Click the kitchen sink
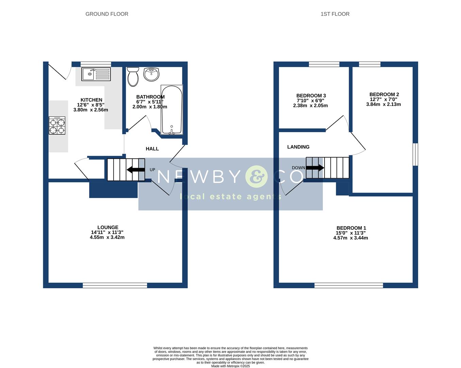[96, 74]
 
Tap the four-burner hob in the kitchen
[57, 125]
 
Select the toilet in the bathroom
[132, 76]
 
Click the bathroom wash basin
[151, 74]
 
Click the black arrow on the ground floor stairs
[135, 170]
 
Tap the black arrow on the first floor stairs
[315, 168]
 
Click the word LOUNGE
[108, 227]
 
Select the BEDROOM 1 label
[351, 228]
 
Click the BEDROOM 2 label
[384, 94]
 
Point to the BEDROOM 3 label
[311, 96]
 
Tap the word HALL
[152, 149]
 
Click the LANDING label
[298, 147]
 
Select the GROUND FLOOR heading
[107, 14]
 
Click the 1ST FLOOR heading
[335, 14]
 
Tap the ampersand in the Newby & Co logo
[257, 177]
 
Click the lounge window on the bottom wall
[115, 286]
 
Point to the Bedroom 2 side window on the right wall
[415, 154]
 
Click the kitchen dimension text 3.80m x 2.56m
[90, 110]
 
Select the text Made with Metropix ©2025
[230, 366]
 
